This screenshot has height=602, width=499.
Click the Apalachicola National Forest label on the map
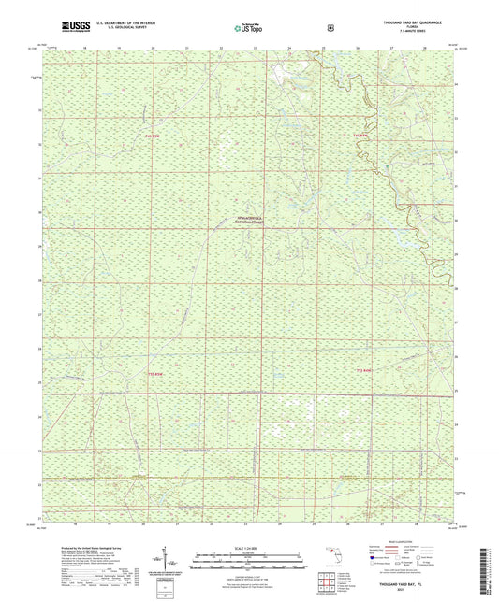pos(248,222)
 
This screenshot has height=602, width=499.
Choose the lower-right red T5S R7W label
pos(366,371)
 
